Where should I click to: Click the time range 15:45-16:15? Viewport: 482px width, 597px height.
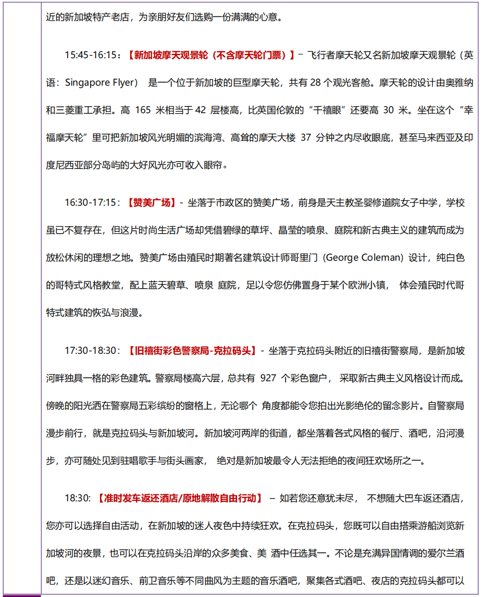pos(90,54)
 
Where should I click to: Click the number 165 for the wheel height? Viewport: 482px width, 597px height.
pos(143,110)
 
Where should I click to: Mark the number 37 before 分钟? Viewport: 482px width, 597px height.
pos(306,137)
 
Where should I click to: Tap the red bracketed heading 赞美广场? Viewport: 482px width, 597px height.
pos(151,203)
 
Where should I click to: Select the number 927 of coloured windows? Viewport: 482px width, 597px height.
pos(269,378)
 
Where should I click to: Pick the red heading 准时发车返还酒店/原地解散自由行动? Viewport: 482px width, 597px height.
pos(180,498)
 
